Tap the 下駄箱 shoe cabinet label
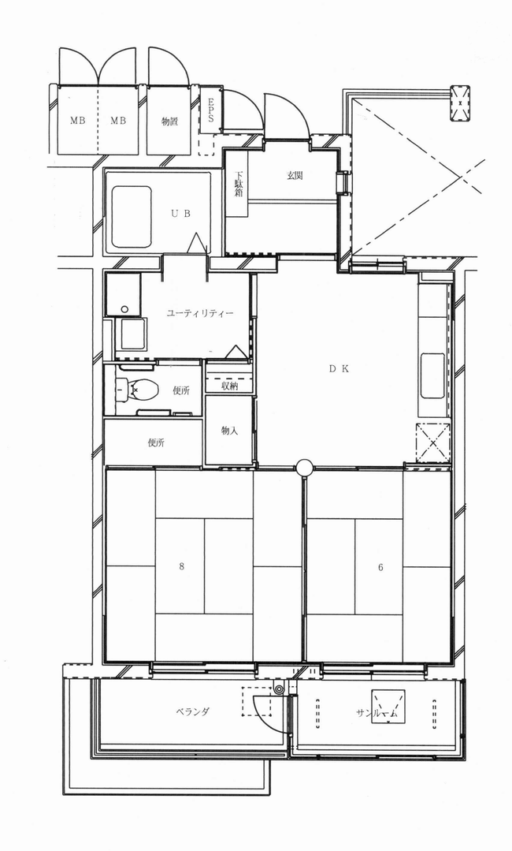[x=239, y=185]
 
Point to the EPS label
[x=210, y=110]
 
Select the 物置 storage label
[x=169, y=121]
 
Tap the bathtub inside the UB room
[x=132, y=217]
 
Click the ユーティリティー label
[x=200, y=313]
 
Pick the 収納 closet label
[x=230, y=386]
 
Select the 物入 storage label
[x=230, y=431]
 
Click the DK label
[x=339, y=368]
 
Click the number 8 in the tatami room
[x=181, y=566]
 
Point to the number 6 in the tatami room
[x=381, y=567]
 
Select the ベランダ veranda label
[x=192, y=711]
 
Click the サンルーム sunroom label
[x=377, y=714]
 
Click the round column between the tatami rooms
[x=305, y=467]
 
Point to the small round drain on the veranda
[x=279, y=690]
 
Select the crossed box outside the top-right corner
[x=460, y=102]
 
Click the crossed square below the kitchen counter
[x=433, y=442]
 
